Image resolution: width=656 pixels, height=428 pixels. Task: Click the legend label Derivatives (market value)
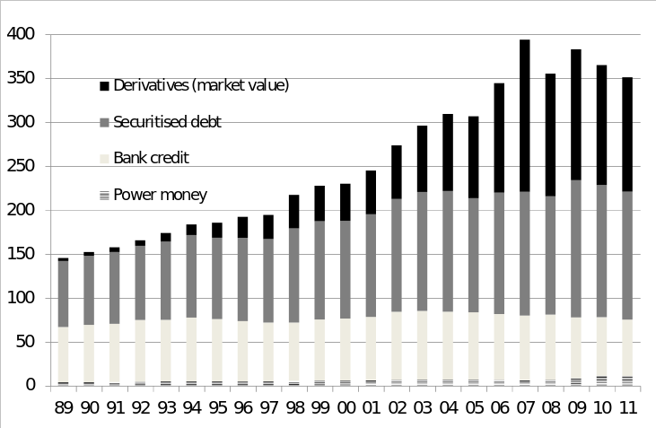click(x=201, y=85)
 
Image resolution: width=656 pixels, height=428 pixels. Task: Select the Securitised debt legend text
click(x=167, y=122)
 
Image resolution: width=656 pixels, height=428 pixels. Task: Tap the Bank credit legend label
click(x=151, y=158)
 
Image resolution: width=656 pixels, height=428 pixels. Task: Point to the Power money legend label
click(x=160, y=195)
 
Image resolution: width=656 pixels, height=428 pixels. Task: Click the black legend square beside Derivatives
click(x=104, y=86)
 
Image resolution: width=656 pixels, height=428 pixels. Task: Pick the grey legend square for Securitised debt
click(x=104, y=122)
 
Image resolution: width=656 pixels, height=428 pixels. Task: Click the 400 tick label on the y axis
click(x=21, y=34)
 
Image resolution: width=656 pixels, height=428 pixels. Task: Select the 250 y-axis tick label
click(x=21, y=166)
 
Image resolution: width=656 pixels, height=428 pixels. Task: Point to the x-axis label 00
click(x=345, y=408)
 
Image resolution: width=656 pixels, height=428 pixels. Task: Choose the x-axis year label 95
click(x=217, y=408)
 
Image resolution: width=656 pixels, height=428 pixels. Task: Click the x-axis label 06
click(x=499, y=408)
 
